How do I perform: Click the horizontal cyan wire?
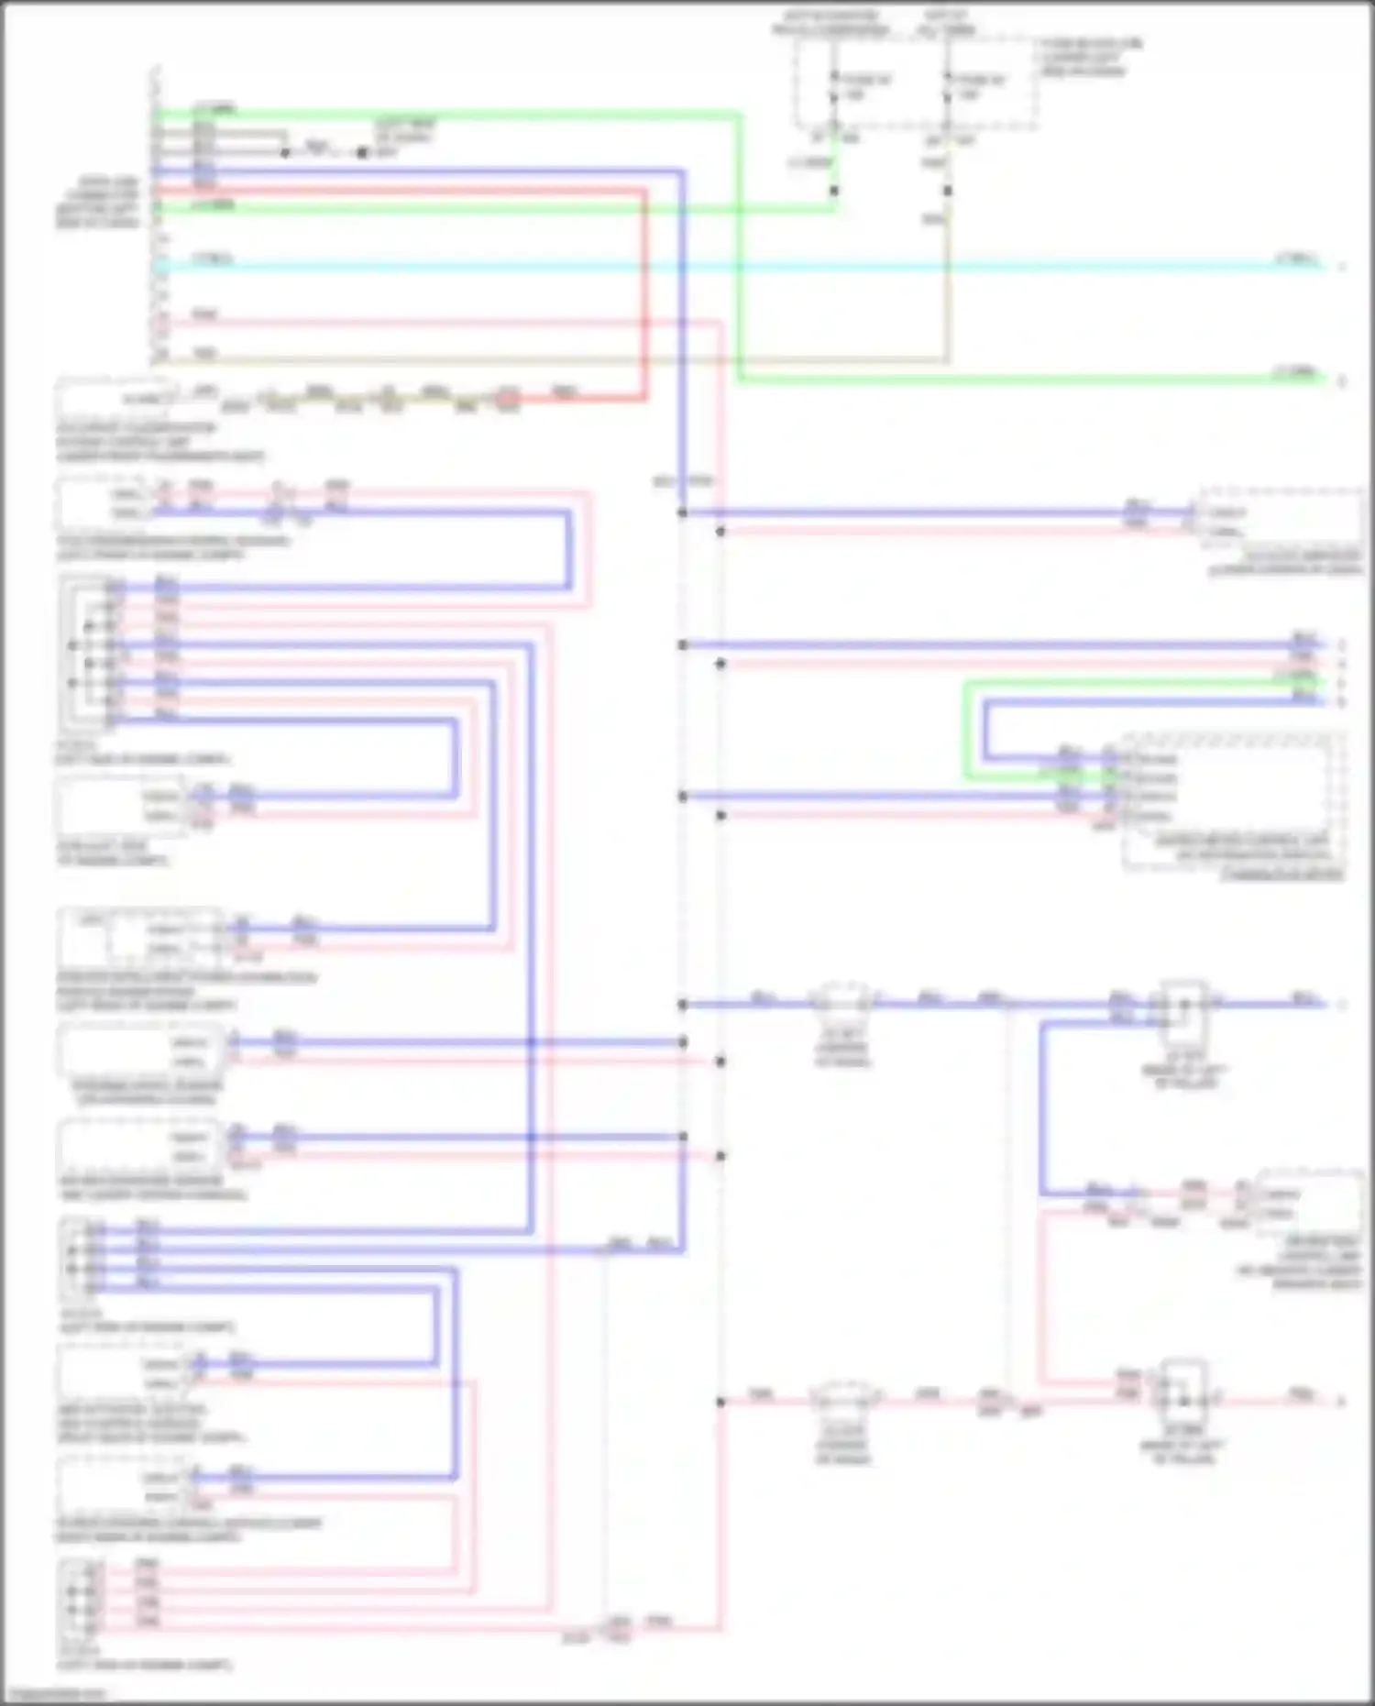pos(733,267)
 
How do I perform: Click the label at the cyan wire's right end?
pos(1298,259)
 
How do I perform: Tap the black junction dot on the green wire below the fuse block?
pos(833,191)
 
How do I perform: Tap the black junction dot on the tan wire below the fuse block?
pos(948,191)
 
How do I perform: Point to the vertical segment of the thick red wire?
pos(643,293)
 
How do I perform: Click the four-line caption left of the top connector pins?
pos(97,203)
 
